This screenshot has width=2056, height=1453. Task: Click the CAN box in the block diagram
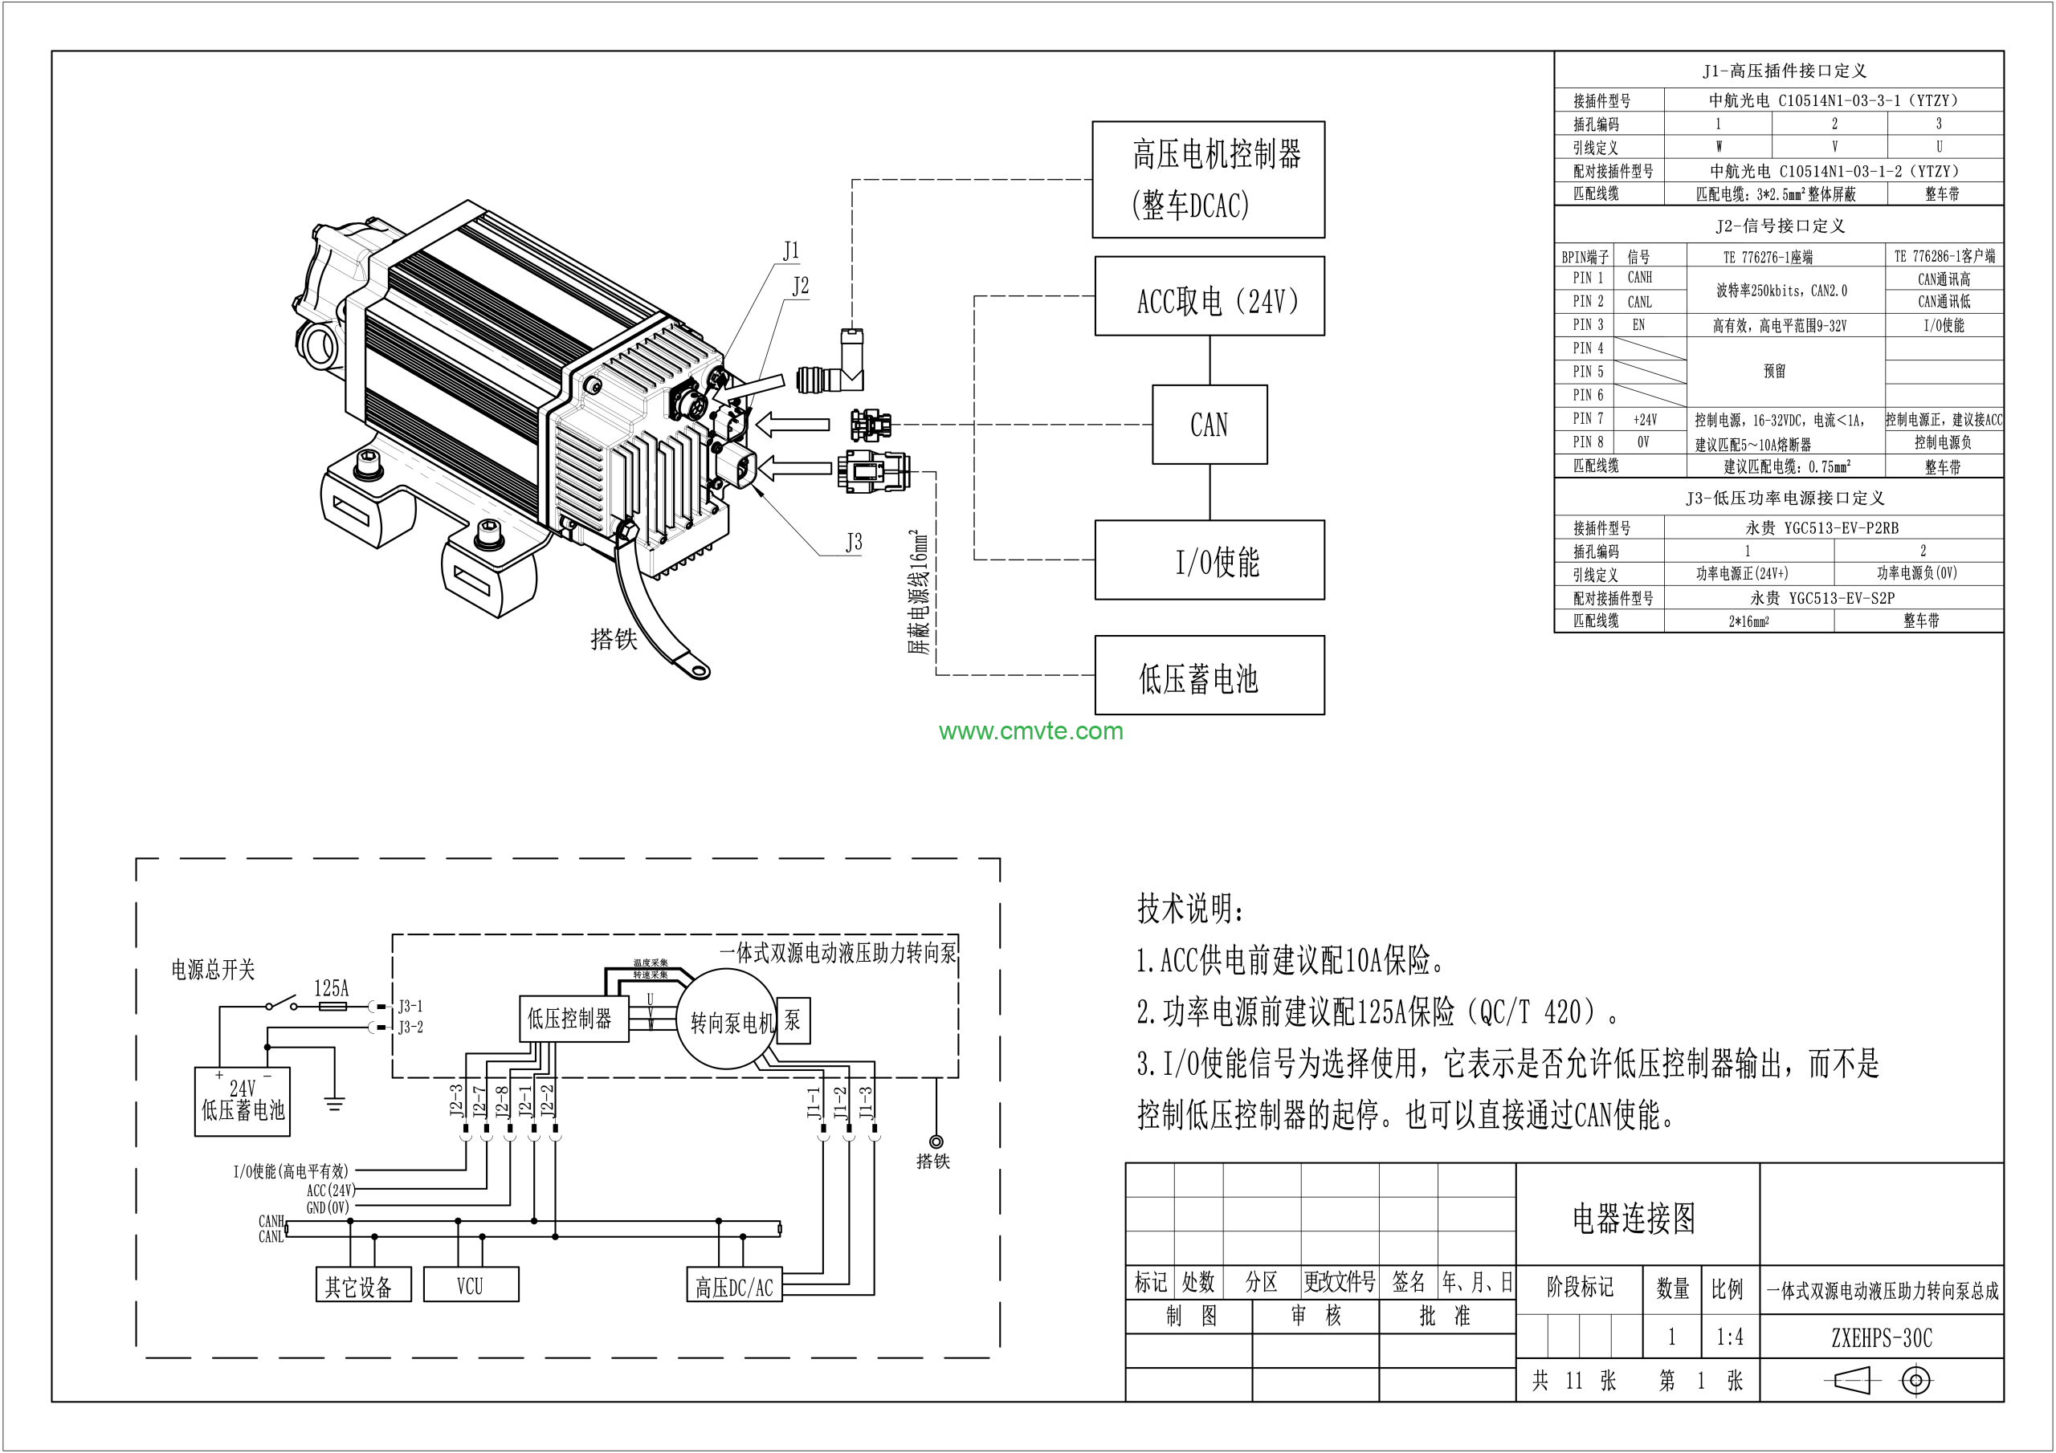1209,425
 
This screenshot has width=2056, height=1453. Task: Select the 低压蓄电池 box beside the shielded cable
1209,675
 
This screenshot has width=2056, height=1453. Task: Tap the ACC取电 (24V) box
1209,296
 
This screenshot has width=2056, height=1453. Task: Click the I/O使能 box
1209,560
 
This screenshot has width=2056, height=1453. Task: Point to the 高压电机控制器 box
1208,179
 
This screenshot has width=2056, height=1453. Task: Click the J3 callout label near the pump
854,543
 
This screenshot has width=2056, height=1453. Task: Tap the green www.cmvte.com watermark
1030,731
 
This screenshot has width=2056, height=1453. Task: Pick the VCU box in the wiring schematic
470,1285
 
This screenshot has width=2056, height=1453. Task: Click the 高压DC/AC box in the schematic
734,1287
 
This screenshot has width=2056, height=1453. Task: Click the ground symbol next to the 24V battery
334,1104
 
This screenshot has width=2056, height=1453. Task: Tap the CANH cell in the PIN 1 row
1640,278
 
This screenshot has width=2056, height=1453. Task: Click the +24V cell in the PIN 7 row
1644,419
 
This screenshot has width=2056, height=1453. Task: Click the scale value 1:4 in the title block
1729,1337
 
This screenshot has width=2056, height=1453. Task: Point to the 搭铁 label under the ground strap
614,639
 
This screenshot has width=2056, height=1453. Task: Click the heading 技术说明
1189,909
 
